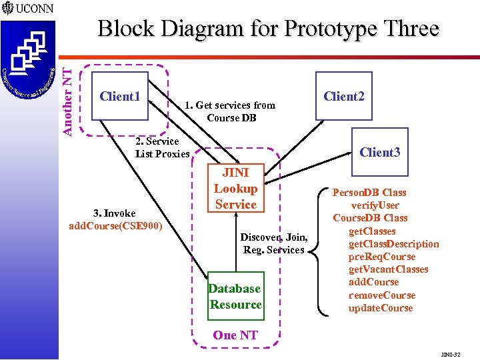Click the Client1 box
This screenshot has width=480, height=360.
119,96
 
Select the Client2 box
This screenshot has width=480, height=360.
343,96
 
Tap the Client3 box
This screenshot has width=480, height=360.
379,152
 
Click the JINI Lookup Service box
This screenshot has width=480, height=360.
235,189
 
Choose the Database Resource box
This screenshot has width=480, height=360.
235,297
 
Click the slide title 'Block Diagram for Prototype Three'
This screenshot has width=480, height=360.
268,29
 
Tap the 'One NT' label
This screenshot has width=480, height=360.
235,335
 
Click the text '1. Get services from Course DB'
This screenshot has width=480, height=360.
230,111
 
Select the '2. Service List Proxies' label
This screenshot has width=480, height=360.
162,147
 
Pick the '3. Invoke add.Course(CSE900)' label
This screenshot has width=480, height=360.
115,219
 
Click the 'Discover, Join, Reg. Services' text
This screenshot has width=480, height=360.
274,243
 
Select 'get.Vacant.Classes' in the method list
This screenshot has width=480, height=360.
389,269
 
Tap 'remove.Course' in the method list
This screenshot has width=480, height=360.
381,295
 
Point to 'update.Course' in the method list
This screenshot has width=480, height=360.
380,308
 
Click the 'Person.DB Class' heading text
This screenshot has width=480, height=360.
378,193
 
